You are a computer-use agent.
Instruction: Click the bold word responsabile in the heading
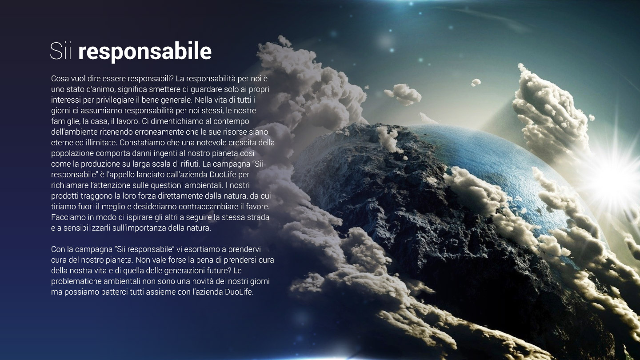pos(145,52)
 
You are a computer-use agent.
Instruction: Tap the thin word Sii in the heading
pos(60,51)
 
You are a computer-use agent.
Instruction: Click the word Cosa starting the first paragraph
pos(59,79)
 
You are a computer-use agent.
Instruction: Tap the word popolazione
pos(72,154)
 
